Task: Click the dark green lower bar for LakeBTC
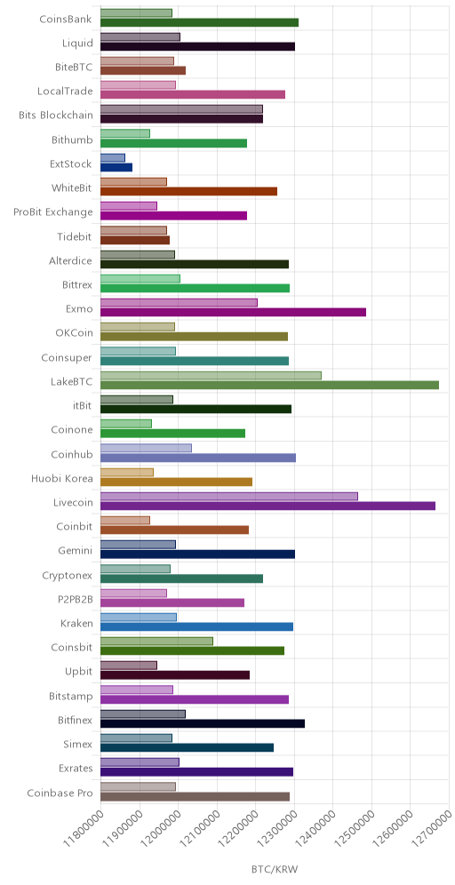(x=269, y=385)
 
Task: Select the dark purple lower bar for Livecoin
(x=267, y=506)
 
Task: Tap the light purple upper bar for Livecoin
(x=229, y=496)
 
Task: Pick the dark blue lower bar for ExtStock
(x=116, y=167)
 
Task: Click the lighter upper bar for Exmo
(x=179, y=302)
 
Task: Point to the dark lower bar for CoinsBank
(x=199, y=22)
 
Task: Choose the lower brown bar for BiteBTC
(x=143, y=70)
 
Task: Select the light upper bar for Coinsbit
(x=156, y=642)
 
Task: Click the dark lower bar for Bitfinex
(x=203, y=723)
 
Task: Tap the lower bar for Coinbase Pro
(x=195, y=796)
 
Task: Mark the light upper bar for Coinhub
(x=147, y=448)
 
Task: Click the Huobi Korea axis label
(x=62, y=479)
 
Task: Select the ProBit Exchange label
(x=53, y=212)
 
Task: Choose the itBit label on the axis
(x=83, y=406)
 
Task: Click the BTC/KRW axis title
(x=275, y=870)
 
